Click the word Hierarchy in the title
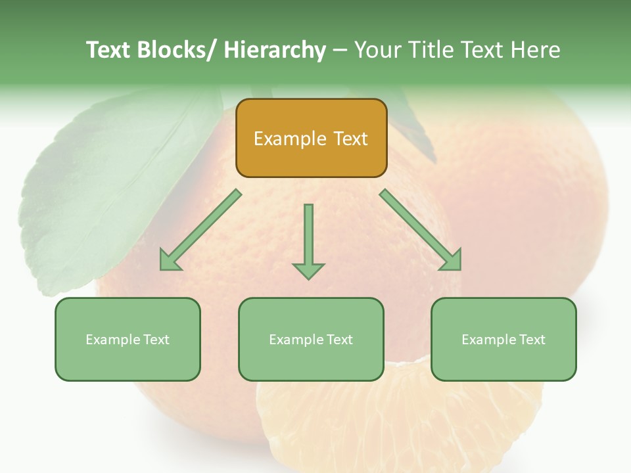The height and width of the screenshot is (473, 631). [x=275, y=50]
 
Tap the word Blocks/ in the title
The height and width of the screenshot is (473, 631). [x=179, y=50]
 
